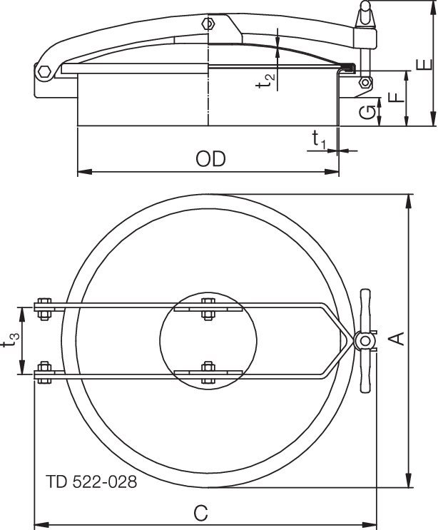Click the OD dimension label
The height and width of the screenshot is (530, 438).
[210, 158]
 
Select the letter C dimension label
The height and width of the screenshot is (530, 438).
[201, 511]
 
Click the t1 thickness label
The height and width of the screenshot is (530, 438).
[319, 141]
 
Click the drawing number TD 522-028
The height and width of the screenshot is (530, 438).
[91, 481]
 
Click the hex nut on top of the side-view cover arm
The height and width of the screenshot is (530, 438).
[208, 24]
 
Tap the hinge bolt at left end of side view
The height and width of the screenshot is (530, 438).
[43, 71]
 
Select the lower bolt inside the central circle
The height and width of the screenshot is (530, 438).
[208, 371]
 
